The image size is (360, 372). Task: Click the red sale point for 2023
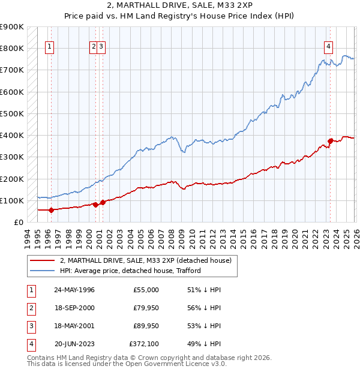tap(330, 142)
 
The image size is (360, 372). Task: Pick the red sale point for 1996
tap(51, 210)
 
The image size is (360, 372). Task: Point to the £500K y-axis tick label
tap(12, 113)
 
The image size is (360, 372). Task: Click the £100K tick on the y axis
tap(12, 200)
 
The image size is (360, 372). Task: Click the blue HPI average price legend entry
tap(130, 271)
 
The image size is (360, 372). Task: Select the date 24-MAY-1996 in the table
tap(74, 290)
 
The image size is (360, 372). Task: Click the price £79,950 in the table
tap(146, 308)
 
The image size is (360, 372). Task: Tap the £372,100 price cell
tap(144, 344)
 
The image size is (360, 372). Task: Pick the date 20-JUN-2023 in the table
tap(74, 344)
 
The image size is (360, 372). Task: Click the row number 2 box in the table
tap(30, 308)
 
